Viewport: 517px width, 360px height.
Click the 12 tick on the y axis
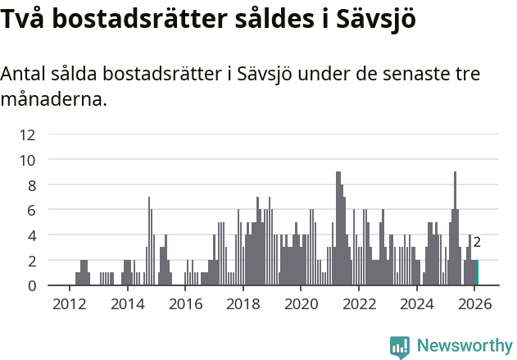(x=27, y=134)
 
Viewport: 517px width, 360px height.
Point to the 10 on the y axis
(x=27, y=160)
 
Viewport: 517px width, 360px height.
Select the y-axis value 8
(x=31, y=185)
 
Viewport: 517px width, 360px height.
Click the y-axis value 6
(x=31, y=210)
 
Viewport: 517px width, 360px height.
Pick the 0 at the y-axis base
(x=31, y=285)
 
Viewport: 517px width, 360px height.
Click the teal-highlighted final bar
(x=477, y=273)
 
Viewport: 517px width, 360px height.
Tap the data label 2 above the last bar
(x=477, y=242)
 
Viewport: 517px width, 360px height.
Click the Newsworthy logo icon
(x=400, y=347)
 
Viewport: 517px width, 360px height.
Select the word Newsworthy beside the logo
(x=464, y=347)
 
